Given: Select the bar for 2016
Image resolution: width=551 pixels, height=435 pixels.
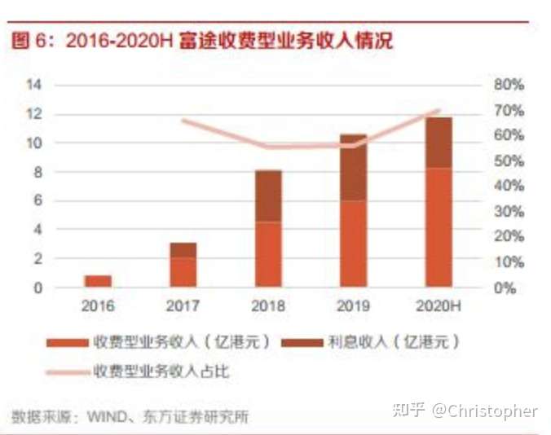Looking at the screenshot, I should point(98,281).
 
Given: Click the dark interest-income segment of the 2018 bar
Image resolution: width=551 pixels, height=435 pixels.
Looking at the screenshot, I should point(268,196).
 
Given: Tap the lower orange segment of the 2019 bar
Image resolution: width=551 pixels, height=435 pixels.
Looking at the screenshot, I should point(353,244).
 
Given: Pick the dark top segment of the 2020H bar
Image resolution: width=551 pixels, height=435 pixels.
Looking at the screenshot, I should point(439,143).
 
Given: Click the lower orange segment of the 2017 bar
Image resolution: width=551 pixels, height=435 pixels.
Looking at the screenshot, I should point(183,272).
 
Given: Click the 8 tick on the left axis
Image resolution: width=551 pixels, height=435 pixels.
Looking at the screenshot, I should point(37,172).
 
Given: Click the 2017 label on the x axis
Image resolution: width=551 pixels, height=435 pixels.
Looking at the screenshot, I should point(183,307).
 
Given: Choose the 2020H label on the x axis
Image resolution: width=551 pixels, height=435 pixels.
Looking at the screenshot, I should point(439,307).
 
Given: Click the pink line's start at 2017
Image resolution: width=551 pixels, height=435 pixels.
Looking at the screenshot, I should point(183,121).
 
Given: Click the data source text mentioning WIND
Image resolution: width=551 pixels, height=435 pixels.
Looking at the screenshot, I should point(130,416).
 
